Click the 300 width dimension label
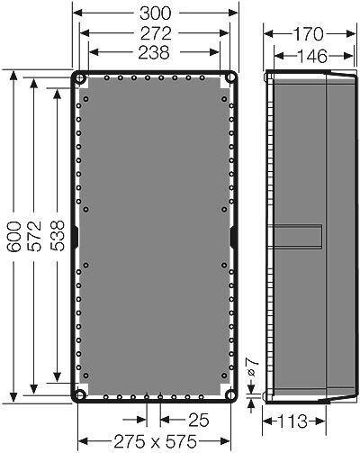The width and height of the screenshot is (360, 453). click(155, 14)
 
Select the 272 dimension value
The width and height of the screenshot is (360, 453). click(156, 33)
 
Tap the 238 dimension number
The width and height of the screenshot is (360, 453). click(154, 52)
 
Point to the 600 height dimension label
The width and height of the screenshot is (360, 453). click(14, 236)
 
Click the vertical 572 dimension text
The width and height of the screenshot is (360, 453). click(33, 236)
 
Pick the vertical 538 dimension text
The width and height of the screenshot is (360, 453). click(57, 236)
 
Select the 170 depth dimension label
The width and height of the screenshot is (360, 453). click(308, 34)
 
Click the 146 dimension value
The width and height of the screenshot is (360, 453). click(311, 56)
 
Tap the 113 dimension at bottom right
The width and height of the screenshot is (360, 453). click(292, 421)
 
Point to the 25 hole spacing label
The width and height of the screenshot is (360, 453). click(198, 420)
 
